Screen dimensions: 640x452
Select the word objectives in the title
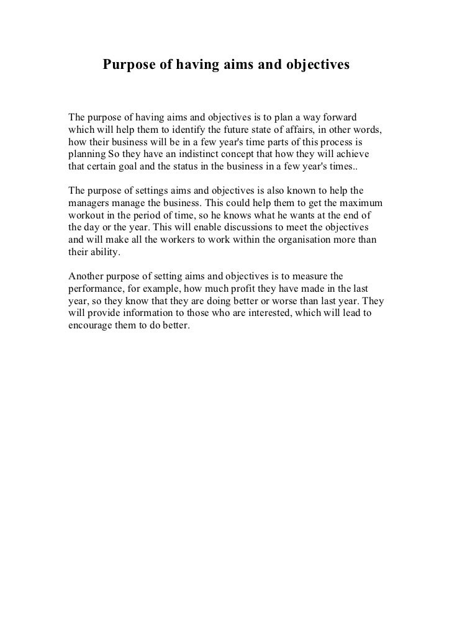click(315, 65)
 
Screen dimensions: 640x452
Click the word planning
click(86, 155)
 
